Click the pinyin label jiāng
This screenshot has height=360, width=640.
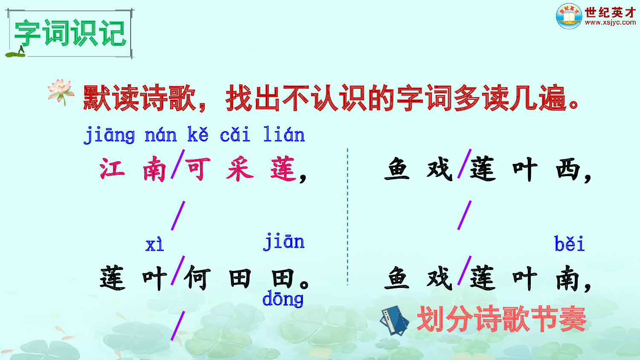109,136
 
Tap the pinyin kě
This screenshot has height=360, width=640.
198,135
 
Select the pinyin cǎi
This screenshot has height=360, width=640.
235,135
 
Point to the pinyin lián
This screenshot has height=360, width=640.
284,135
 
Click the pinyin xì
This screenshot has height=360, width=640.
154,245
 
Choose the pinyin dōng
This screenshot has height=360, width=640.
283,299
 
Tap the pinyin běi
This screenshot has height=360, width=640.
569,244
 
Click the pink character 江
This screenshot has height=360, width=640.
112,169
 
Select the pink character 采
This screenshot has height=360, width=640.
240,169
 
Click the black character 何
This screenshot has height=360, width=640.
198,278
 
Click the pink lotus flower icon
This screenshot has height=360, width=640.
61,91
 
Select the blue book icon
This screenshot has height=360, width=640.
394,320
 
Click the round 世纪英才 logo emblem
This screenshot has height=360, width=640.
569,16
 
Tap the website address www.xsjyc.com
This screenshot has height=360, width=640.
610,23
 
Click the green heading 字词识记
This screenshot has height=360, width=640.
70,33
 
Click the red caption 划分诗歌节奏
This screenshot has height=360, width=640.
502,319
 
